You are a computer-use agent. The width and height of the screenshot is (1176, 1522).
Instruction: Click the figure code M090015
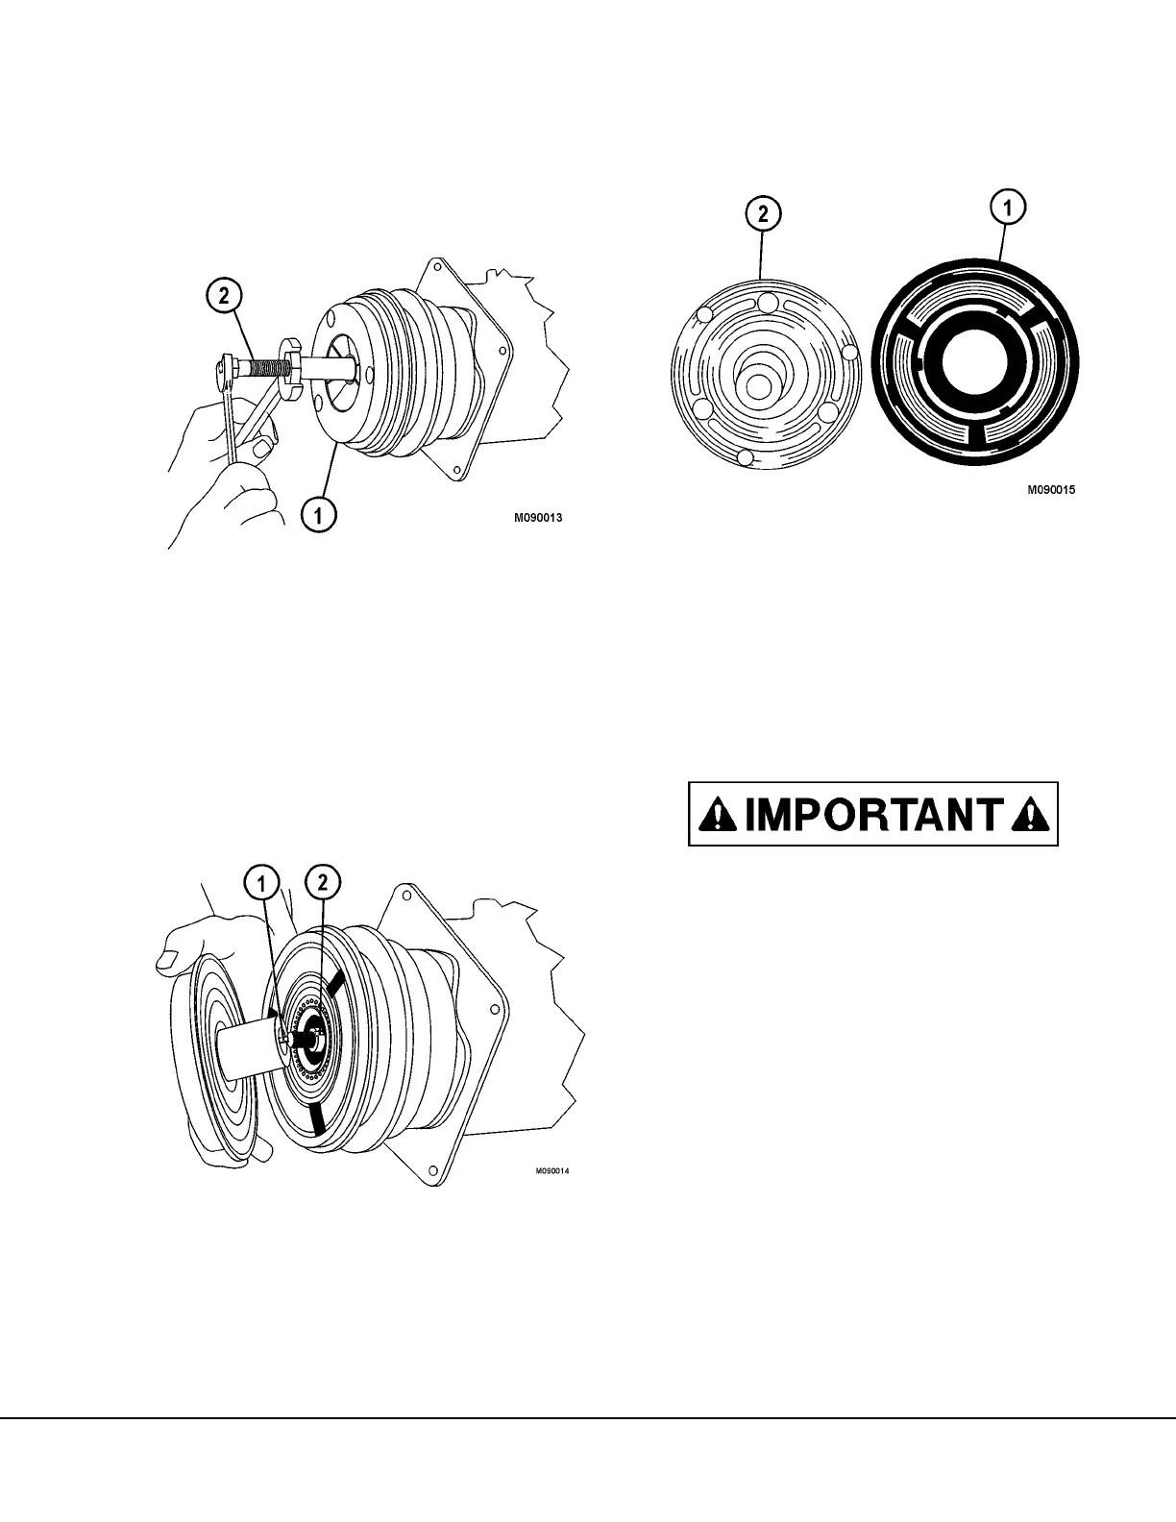(1050, 489)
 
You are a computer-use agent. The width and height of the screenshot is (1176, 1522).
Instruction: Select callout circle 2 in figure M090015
(763, 214)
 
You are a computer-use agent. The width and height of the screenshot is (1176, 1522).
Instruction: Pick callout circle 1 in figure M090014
(262, 881)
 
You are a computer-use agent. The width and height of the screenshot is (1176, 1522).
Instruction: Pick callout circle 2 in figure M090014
(322, 881)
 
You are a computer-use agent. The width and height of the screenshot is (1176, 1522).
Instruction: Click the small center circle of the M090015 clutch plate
(757, 384)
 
